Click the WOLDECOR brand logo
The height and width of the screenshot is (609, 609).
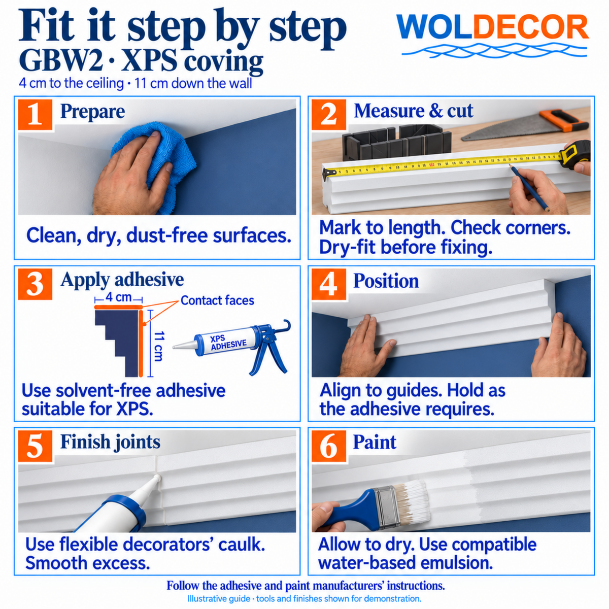pyautogui.click(x=492, y=36)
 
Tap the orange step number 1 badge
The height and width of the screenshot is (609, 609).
pyautogui.click(x=35, y=115)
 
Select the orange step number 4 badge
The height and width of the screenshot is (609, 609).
pyautogui.click(x=329, y=284)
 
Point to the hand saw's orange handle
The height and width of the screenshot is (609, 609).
pyautogui.click(x=562, y=120)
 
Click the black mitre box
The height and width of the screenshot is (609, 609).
pyautogui.click(x=397, y=142)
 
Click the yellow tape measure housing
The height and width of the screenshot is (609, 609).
pyautogui.click(x=576, y=154)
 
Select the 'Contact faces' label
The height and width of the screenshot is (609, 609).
pyautogui.click(x=217, y=300)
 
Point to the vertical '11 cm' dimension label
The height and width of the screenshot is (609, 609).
pyautogui.click(x=158, y=346)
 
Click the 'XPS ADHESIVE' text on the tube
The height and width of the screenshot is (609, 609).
pyautogui.click(x=228, y=342)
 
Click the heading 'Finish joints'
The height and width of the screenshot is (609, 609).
pyautogui.click(x=110, y=442)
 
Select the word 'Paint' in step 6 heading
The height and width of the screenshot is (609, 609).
pyautogui.click(x=375, y=442)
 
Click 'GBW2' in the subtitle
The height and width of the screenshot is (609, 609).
pyautogui.click(x=61, y=61)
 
